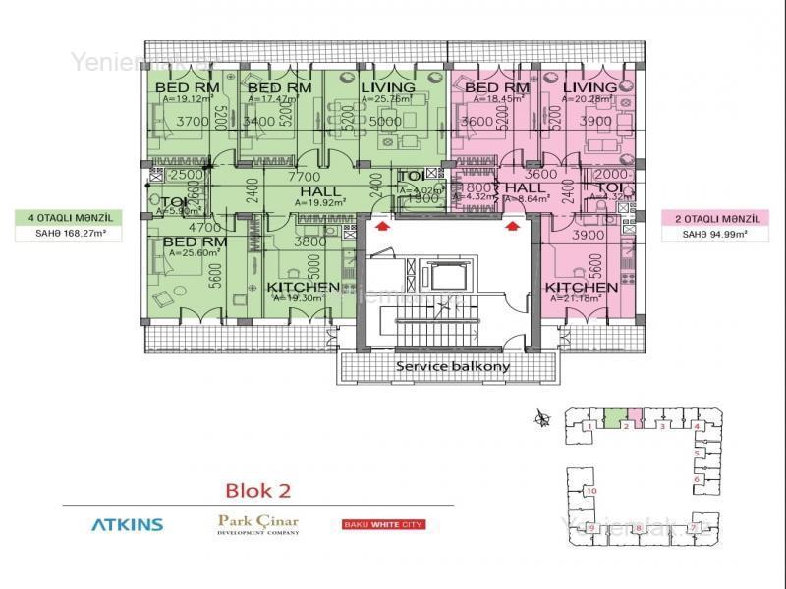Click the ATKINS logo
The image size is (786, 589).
point(128,524)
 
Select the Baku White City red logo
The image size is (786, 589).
point(383,524)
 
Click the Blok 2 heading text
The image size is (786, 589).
point(258,489)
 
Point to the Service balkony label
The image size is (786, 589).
point(452,367)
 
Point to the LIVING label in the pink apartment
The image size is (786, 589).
point(590,88)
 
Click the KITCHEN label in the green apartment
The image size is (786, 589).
point(304,288)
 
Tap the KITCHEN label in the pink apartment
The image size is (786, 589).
point(583,288)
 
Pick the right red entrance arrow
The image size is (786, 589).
point(513,227)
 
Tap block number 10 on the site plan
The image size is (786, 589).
point(591,489)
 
